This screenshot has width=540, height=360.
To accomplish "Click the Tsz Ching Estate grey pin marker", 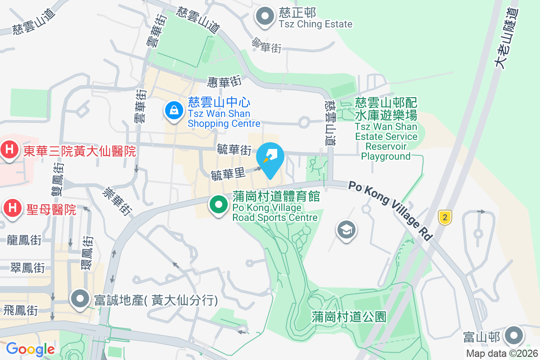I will pyautogui.click(x=265, y=17).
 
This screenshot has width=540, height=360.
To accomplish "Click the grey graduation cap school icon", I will pyautogui.click(x=346, y=230).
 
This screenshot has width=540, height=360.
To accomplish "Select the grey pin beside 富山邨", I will pyautogui.click(x=513, y=335).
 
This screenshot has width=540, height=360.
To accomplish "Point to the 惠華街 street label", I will pyautogui.click(x=225, y=81).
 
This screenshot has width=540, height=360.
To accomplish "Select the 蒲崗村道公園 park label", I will pyautogui.click(x=349, y=316).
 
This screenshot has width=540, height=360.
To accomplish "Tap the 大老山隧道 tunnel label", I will pyautogui.click(x=506, y=39).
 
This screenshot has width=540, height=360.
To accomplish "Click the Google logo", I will pyautogui.click(x=30, y=349).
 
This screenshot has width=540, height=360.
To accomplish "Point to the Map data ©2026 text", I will pyautogui.click(x=501, y=353).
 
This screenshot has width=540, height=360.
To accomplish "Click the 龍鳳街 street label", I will pyautogui.click(x=24, y=240).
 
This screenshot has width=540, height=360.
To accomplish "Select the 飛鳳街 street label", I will pyautogui.click(x=20, y=310).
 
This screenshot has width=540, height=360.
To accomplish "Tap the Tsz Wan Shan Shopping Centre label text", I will pyautogui.click(x=224, y=119).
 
